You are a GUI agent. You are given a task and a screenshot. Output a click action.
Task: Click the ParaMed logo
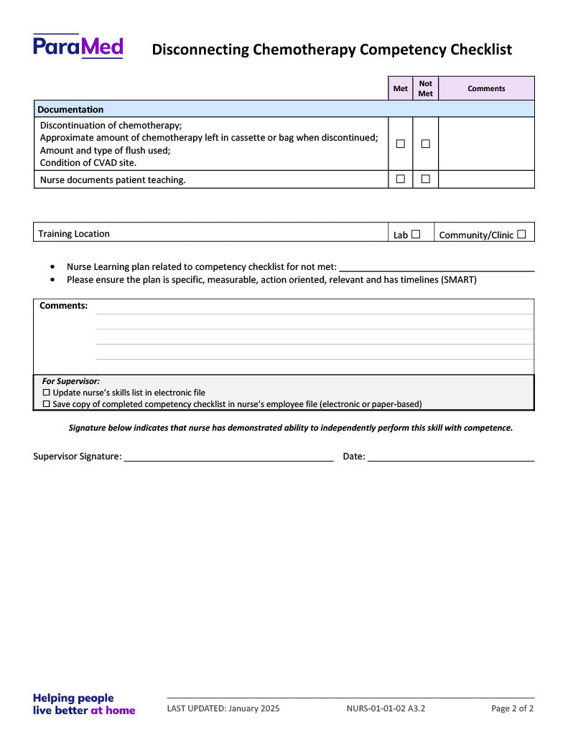[x=78, y=46]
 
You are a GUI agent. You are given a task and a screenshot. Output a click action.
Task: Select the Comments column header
[x=486, y=88]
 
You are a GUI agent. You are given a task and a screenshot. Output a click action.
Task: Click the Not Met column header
[x=425, y=88]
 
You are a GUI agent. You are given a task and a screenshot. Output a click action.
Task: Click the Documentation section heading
[x=70, y=109]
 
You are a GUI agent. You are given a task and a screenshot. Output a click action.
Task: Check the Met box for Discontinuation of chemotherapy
[x=401, y=144]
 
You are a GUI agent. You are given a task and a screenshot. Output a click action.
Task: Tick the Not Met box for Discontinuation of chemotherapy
[x=425, y=144]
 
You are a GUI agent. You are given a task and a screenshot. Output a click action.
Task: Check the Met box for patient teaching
[x=401, y=179]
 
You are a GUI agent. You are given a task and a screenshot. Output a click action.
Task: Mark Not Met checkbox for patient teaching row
[x=425, y=179]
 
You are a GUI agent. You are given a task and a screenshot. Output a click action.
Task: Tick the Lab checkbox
[x=416, y=234]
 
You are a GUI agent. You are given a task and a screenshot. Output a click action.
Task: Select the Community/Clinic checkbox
[x=521, y=234]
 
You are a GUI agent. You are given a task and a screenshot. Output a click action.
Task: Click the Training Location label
[x=74, y=234]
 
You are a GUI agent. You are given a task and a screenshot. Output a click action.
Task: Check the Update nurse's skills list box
[x=47, y=393]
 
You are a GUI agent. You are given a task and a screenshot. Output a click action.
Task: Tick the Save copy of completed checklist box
[x=47, y=404]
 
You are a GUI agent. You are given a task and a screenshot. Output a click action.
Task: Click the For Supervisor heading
[x=70, y=381]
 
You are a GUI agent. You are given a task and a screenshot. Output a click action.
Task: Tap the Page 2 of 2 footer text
[x=512, y=708]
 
